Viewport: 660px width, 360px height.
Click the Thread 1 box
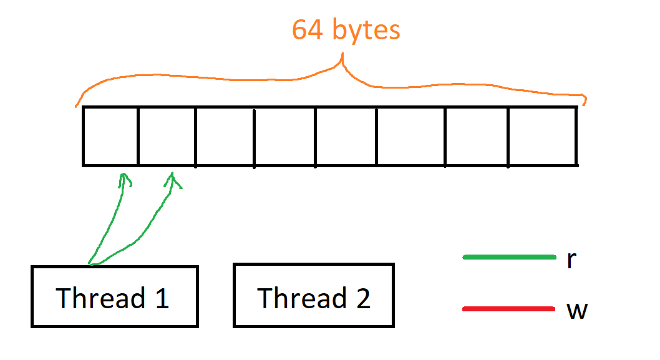pyautogui.click(x=114, y=296)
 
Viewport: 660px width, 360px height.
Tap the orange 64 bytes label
pyautogui.click(x=346, y=30)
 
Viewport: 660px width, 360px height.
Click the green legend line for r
pyautogui.click(x=509, y=257)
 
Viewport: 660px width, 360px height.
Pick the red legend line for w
pyautogui.click(x=509, y=309)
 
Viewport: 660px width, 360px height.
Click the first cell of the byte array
pyautogui.click(x=110, y=136)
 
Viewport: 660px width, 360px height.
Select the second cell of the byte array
pyautogui.click(x=167, y=136)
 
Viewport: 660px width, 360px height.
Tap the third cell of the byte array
pyautogui.click(x=225, y=136)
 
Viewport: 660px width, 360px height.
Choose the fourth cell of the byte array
pyautogui.click(x=284, y=136)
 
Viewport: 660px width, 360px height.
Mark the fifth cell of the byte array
pyautogui.click(x=346, y=136)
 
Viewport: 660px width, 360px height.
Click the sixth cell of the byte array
pyautogui.click(x=410, y=136)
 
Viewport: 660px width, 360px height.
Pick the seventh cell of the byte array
pyautogui.click(x=477, y=136)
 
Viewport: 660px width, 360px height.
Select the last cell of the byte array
pyautogui.click(x=542, y=136)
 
